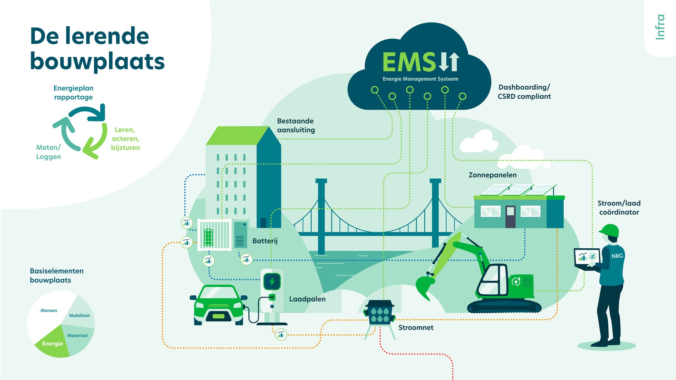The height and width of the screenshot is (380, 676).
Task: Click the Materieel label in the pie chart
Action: pyautogui.click(x=77, y=336)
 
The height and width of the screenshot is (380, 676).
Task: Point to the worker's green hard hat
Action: pyautogui.click(x=610, y=230)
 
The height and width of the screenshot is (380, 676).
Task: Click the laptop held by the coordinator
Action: pyautogui.click(x=587, y=258)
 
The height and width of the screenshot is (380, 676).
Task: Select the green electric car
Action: pyautogui.click(x=219, y=305)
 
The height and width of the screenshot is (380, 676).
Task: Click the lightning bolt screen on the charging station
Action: pyautogui.click(x=272, y=281)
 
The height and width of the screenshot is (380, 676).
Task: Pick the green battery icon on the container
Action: pyautogui.click(x=208, y=237)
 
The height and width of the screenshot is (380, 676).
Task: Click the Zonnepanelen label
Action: pyautogui.click(x=492, y=175)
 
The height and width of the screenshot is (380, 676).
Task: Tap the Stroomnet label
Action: pyautogui.click(x=416, y=327)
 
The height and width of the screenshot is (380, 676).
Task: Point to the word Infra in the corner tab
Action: pyautogui.click(x=660, y=27)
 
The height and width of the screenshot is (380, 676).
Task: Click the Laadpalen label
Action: pyautogui.click(x=307, y=299)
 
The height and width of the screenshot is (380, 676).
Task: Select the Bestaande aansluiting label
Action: pyautogui.click(x=296, y=126)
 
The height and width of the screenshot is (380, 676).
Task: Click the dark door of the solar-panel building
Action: pyautogui.click(x=510, y=216)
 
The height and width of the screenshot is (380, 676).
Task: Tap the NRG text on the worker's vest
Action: pyautogui.click(x=617, y=256)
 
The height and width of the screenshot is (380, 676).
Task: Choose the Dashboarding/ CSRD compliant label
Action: pyautogui.click(x=524, y=92)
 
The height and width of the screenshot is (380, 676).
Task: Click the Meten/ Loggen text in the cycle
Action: pyautogui.click(x=48, y=152)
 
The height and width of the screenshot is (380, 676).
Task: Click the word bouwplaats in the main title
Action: pyautogui.click(x=97, y=62)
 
